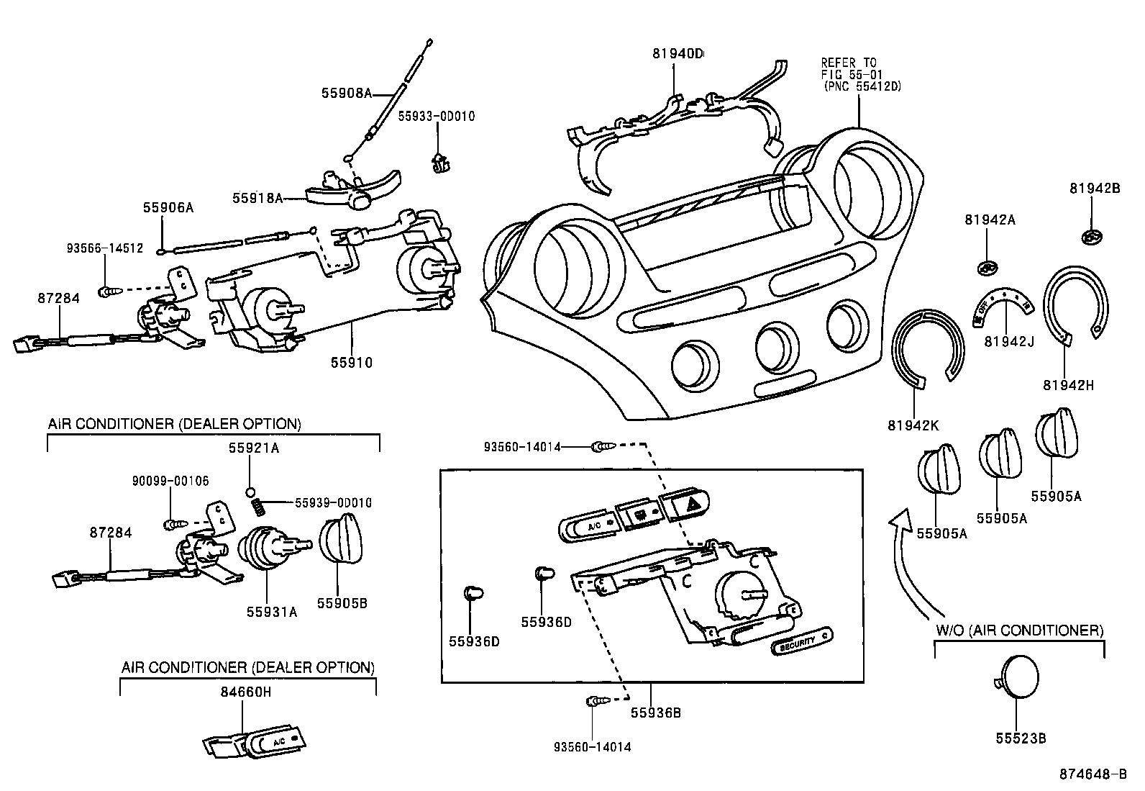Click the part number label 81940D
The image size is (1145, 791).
coord(678,53)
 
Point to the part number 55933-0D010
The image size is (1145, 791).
coord(437,116)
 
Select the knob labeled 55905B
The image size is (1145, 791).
coord(339,541)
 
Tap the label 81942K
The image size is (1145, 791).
coord(913,425)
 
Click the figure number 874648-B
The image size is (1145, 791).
coord(1092,774)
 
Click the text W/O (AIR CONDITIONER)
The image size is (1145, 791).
coord(1019,630)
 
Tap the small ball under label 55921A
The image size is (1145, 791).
coord(250,492)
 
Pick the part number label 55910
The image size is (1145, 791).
coord(352,363)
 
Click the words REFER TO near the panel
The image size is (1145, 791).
coord(849,63)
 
